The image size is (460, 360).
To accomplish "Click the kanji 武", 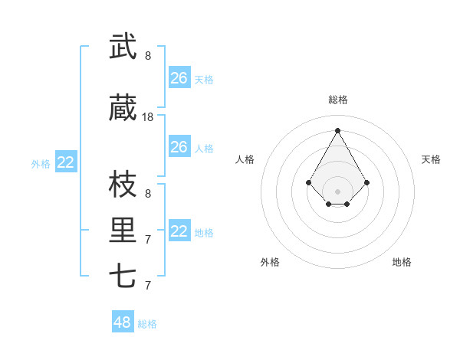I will (x=123, y=47).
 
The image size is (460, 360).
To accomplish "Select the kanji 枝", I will (x=123, y=185).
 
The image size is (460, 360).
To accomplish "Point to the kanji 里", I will (x=123, y=231).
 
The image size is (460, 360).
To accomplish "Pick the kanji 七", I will (x=123, y=276).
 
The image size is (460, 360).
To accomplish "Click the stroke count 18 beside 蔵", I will (x=148, y=117).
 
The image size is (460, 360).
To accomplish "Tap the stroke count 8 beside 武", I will (x=148, y=56).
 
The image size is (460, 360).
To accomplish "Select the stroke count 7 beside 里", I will (x=148, y=240).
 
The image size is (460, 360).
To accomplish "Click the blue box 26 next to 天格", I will (x=179, y=78).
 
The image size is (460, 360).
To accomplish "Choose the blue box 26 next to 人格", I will (x=179, y=147).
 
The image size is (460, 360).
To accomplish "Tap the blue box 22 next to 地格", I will (x=179, y=231).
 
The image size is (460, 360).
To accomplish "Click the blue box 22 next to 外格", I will (x=66, y=162).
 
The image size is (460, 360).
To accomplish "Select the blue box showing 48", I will (x=123, y=322).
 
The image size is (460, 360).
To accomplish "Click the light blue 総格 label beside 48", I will (x=147, y=324).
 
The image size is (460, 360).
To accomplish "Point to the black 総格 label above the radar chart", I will (x=338, y=100).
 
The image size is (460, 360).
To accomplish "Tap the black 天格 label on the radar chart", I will (x=431, y=159).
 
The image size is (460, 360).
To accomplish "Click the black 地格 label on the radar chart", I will (x=402, y=262).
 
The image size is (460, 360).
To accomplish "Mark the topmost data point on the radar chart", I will (x=338, y=129).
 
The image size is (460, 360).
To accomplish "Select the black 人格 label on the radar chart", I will (x=245, y=159).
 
